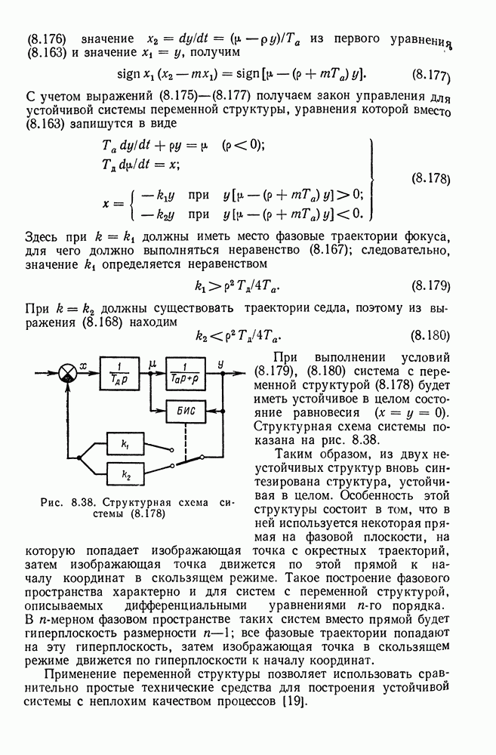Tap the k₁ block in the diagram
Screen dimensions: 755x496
tap(125, 444)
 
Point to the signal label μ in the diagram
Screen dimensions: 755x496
tap(152, 363)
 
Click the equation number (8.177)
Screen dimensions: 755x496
tap(433, 75)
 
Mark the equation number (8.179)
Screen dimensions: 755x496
tap(433, 287)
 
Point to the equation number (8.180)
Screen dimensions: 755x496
tap(433, 335)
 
